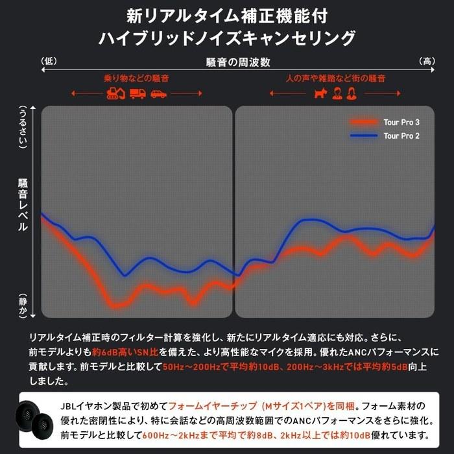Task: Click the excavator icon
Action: [x=116, y=93]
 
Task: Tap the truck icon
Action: [x=137, y=93]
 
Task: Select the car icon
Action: [x=159, y=94]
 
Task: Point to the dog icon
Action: [x=320, y=93]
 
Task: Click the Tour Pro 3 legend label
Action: [x=401, y=122]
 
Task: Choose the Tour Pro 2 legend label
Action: [x=401, y=136]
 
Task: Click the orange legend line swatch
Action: [x=364, y=122]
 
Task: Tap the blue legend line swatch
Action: [x=364, y=136]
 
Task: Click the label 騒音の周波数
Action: [x=238, y=62]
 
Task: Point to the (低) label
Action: [x=49, y=61]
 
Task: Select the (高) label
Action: [x=427, y=61]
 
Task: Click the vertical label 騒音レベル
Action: [x=23, y=205]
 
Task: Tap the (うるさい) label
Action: [x=23, y=127]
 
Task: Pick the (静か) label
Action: [x=23, y=305]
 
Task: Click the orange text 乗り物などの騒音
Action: [x=136, y=78]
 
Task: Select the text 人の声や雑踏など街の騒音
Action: [x=335, y=78]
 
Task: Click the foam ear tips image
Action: [x=34, y=420]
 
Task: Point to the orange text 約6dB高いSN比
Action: [x=125, y=352]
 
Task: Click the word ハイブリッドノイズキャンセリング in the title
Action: [x=227, y=38]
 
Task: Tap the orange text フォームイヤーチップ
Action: [x=213, y=406]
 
